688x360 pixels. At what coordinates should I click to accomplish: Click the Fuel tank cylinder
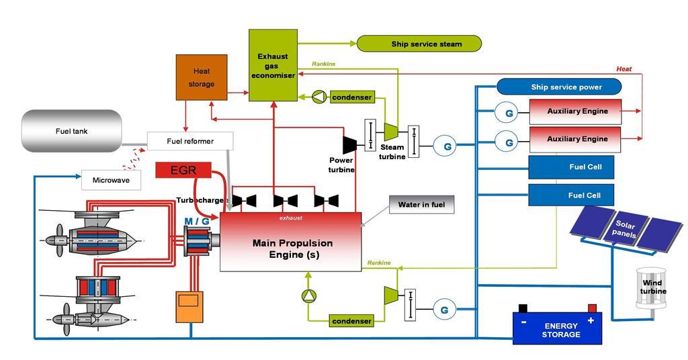click(72, 131)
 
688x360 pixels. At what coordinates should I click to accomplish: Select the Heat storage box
click(202, 79)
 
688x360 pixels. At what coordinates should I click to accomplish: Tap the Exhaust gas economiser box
click(273, 65)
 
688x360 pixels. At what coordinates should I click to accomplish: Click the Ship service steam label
click(419, 44)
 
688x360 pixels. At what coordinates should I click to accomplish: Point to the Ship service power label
click(558, 87)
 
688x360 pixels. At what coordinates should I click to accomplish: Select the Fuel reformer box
click(190, 141)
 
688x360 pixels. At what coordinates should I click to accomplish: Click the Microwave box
click(112, 180)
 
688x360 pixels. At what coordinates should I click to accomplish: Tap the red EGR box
click(183, 170)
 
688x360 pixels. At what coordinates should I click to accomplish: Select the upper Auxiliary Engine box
click(576, 111)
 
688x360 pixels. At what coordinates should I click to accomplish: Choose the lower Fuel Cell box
click(571, 195)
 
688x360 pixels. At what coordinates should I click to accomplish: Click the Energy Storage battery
click(557, 327)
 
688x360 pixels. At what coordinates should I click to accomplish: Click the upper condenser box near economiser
click(351, 97)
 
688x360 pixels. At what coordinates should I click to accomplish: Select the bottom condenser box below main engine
click(351, 321)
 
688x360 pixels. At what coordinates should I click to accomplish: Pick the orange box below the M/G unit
click(188, 306)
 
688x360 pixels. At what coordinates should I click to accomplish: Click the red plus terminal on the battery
click(592, 309)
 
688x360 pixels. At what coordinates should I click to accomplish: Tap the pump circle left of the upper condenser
click(318, 97)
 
